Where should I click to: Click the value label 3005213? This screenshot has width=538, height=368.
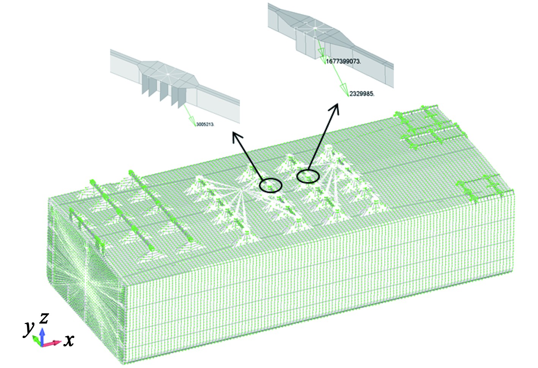pyautogui.click(x=205, y=124)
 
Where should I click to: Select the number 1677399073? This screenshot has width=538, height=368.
pyautogui.click(x=343, y=62)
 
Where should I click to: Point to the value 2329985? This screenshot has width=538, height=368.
pyautogui.click(x=361, y=94)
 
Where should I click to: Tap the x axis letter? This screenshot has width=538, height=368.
pyautogui.click(x=68, y=341)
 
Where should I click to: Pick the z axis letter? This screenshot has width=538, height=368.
pyautogui.click(x=44, y=317)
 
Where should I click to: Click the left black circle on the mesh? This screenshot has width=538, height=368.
pyautogui.click(x=271, y=185)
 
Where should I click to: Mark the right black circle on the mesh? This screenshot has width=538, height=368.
pyautogui.click(x=308, y=176)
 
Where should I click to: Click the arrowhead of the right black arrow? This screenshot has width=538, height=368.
pyautogui.click(x=335, y=106)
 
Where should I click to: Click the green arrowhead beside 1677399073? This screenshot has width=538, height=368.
pyautogui.click(x=323, y=59)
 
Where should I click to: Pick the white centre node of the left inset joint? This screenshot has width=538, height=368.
pyautogui.click(x=167, y=74)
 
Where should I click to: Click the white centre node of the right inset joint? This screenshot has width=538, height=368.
pyautogui.click(x=315, y=28)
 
